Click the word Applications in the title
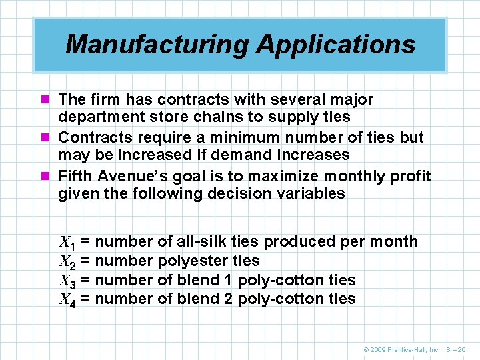pos(335,45)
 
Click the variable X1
pos(67,242)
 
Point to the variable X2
pos(67,261)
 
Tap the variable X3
pos(67,281)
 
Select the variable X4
pos(67,299)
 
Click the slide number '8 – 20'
pos(456,349)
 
